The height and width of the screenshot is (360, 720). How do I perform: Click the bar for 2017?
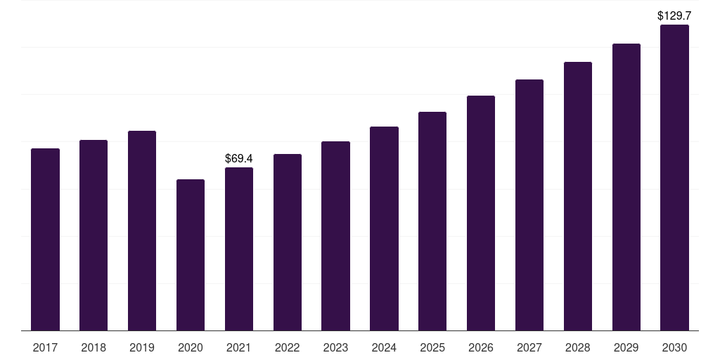coord(45,239)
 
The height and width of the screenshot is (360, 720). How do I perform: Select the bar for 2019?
coord(142,231)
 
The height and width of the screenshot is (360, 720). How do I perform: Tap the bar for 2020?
coord(190,255)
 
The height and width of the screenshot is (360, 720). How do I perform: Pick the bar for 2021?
coord(239,249)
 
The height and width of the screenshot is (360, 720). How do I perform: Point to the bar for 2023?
coord(335,236)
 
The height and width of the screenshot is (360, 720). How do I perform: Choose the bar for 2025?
coord(432,221)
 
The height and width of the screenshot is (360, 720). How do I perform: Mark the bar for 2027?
coord(529,205)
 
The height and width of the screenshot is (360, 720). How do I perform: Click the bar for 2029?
coord(626,187)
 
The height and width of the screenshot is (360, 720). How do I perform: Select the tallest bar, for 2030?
coord(674,178)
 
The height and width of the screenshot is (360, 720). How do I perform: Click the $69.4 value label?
coord(239,158)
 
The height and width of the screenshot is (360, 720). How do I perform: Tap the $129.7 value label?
coord(674,15)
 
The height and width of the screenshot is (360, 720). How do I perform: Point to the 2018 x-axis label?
coord(94,347)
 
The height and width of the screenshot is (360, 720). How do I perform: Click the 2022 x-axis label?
coord(287,347)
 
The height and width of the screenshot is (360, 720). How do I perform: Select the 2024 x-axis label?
coord(384,347)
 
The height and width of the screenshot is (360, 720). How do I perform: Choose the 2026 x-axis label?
coord(481,347)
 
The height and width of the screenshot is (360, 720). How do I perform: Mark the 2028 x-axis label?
coord(578,347)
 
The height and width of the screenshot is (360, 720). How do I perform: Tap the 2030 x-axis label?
coord(674,347)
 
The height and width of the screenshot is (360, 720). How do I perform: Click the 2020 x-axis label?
coord(190,347)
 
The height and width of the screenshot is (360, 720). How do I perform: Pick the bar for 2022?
coord(288,243)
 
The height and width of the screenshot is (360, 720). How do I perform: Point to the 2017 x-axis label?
coord(45,347)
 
